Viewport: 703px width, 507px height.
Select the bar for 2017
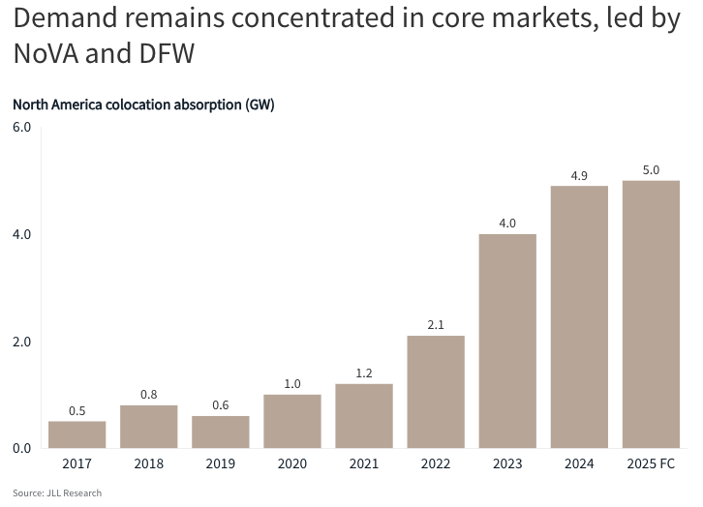77,434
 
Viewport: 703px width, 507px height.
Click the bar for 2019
221,432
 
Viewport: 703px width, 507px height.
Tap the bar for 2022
436,392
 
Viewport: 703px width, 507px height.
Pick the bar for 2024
579,316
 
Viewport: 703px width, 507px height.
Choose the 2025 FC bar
651,314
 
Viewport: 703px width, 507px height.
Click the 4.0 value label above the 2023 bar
507,223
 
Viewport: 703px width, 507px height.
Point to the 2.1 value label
436,325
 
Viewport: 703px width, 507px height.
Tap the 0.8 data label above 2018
149,395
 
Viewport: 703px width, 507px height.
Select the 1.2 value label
364,373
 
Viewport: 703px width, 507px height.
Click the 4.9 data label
579,175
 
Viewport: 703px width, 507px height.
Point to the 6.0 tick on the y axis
21,128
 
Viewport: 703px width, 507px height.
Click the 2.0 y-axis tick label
21,342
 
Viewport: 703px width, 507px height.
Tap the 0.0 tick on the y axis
21,448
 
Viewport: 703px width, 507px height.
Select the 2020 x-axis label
292,465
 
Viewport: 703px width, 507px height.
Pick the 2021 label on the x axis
364,465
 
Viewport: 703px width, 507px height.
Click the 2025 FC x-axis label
651,465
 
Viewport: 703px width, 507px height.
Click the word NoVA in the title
49,54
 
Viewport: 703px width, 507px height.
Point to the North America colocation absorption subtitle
143,104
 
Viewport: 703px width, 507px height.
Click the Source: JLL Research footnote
57,493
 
